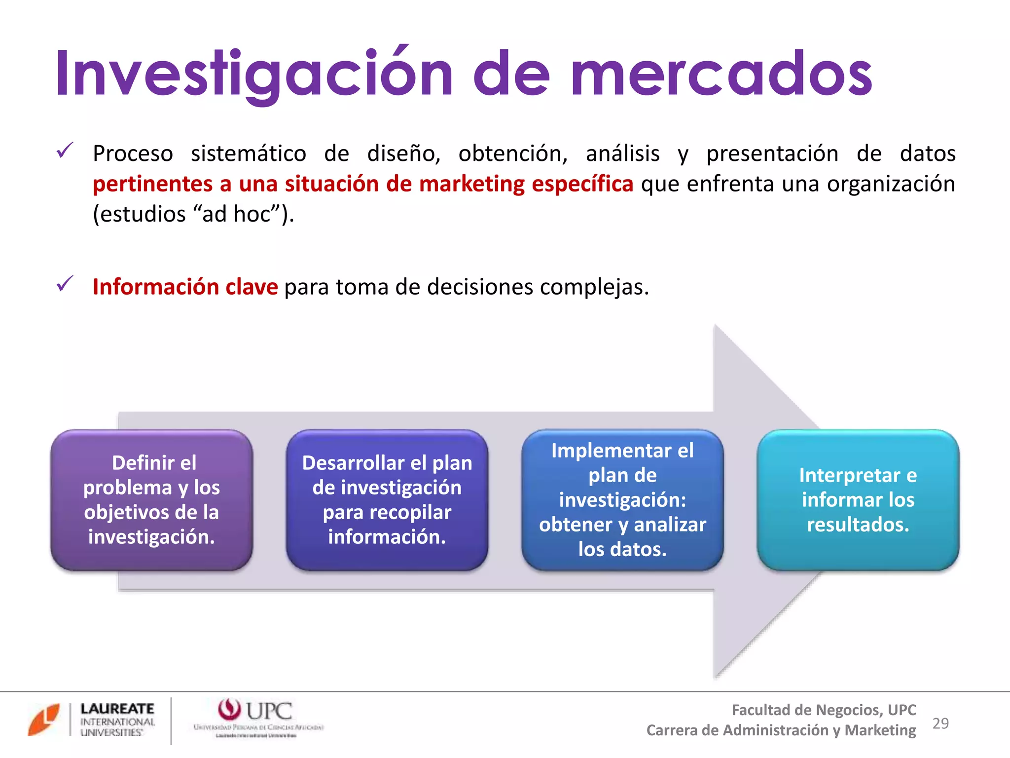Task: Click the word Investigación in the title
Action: [253, 74]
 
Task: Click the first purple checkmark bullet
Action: [65, 150]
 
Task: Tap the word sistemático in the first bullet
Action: [249, 153]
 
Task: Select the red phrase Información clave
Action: [185, 287]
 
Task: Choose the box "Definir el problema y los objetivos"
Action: [151, 500]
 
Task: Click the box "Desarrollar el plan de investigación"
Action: [387, 500]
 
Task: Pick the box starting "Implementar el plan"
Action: [622, 500]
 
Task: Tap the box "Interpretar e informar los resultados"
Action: [858, 500]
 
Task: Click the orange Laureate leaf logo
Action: [44, 720]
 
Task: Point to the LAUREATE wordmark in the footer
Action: [117, 709]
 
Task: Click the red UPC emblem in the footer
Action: [229, 710]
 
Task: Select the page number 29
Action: [940, 723]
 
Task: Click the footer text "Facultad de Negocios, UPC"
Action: [824, 710]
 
